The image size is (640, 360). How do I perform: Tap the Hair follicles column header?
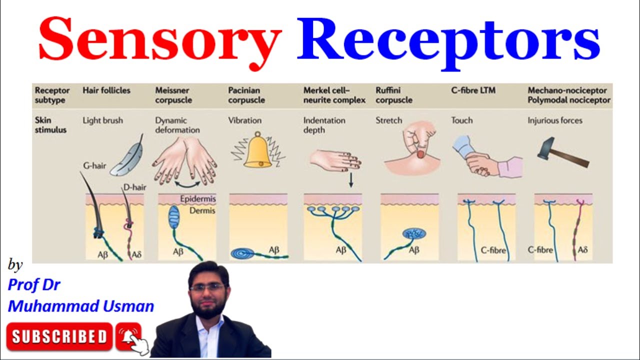click(106, 90)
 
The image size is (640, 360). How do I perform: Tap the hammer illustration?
click(562, 153)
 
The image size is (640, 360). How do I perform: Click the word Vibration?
click(245, 120)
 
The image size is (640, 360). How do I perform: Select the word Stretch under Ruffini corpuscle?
click(389, 120)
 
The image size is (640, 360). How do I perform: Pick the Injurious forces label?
click(554, 120)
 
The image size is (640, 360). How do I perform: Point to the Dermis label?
click(201, 211)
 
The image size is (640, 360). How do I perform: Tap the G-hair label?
click(94, 166)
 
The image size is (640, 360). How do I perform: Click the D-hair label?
click(134, 187)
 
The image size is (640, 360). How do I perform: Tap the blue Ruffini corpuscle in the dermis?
click(414, 233)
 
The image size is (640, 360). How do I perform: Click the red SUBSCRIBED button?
click(59, 336)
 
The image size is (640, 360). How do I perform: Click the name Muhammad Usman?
click(81, 306)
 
